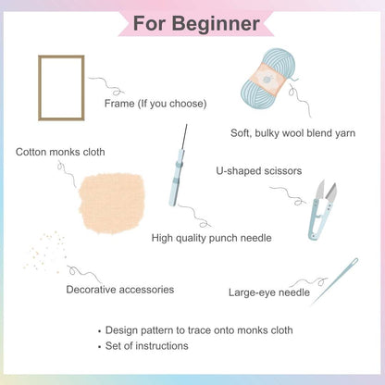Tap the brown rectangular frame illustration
click(61, 88)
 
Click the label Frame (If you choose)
click(155, 103)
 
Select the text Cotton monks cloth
click(60, 152)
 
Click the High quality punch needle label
click(211, 238)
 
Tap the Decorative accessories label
click(120, 290)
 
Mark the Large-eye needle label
click(269, 292)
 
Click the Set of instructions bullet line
click(147, 345)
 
